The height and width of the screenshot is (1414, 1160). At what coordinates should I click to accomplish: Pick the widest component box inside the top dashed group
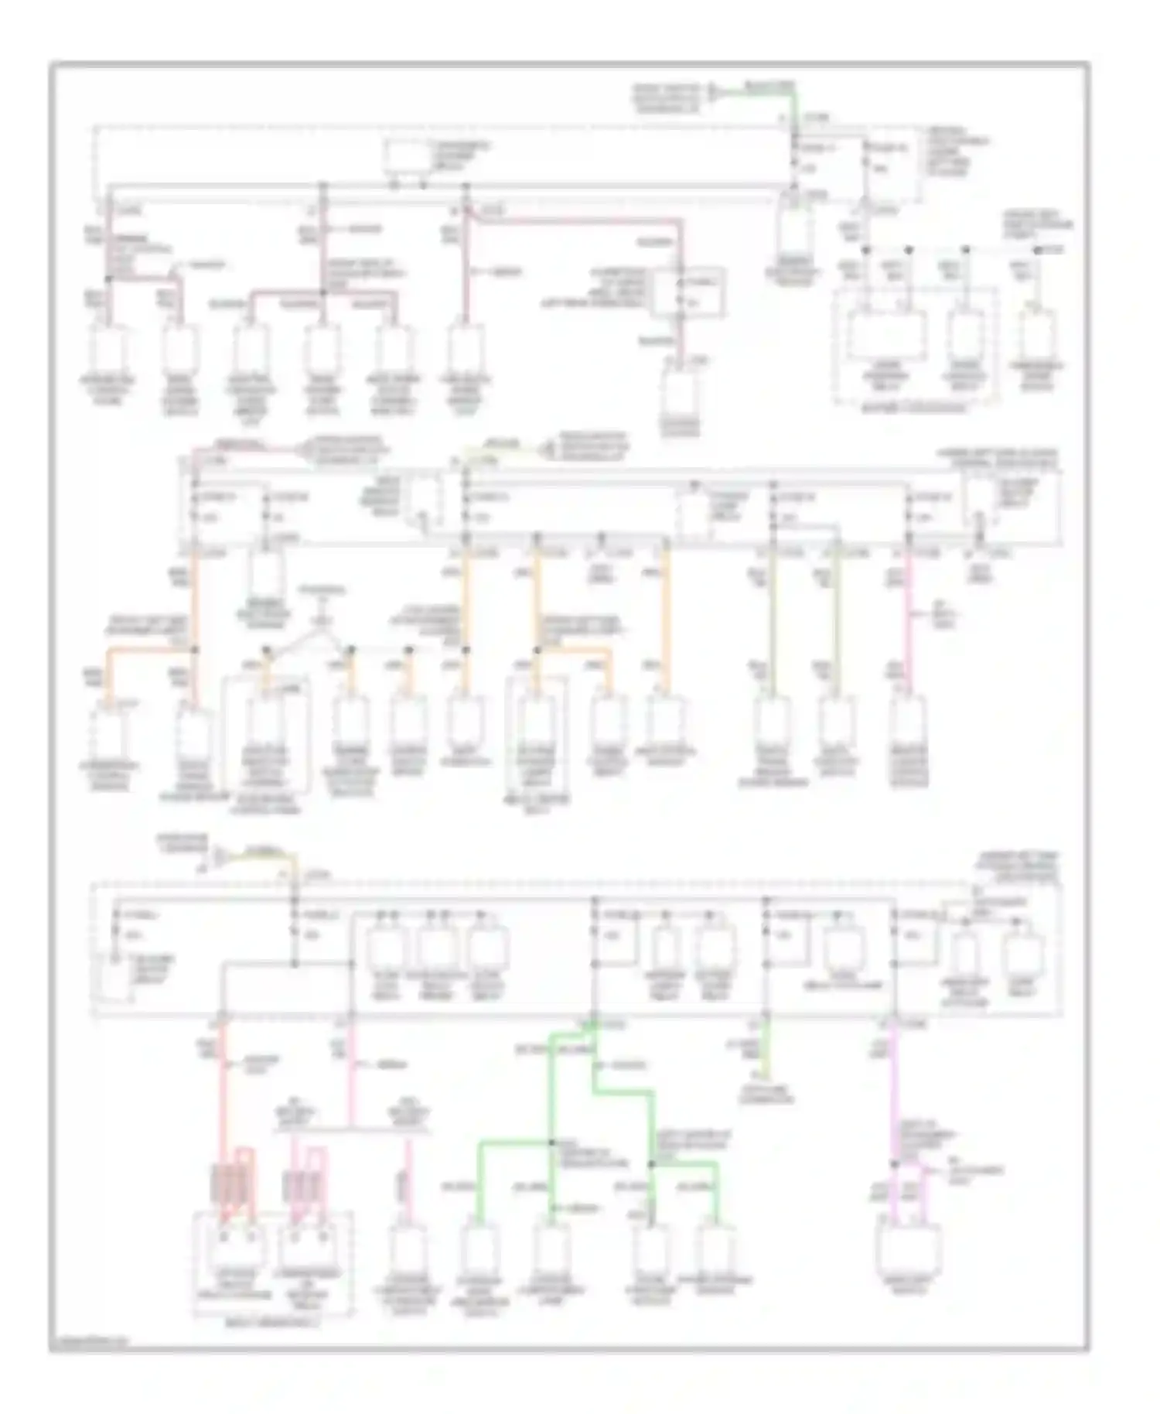[x=886, y=335]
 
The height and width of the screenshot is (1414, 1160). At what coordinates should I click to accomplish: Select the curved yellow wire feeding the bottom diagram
[x=267, y=856]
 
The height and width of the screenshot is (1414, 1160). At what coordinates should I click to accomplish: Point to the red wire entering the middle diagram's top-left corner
[x=232, y=448]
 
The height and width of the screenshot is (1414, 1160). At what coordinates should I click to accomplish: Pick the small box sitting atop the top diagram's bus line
[x=408, y=157]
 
